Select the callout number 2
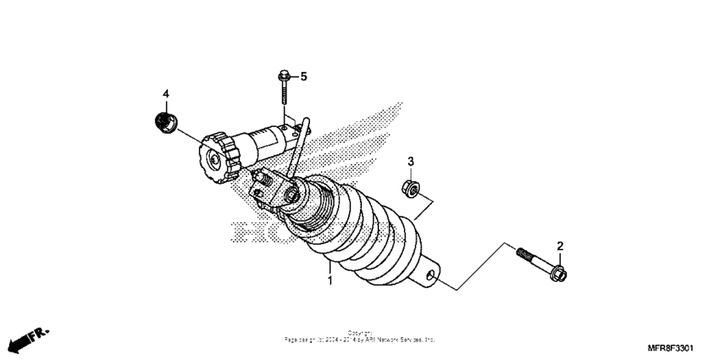[559, 246]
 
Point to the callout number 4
[166, 92]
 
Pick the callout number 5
[303, 77]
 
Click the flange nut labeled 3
[407, 187]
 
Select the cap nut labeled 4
[165, 121]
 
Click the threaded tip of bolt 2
[519, 252]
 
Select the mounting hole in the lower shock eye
[434, 275]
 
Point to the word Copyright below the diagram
[359, 332]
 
